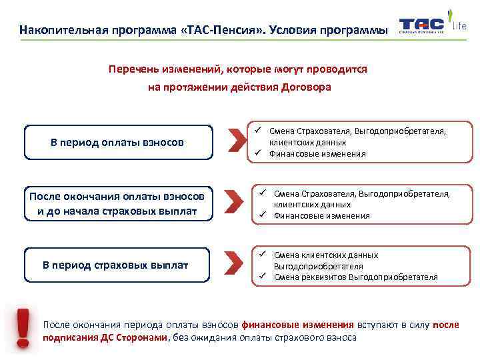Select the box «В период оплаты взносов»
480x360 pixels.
118,142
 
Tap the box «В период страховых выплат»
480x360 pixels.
116,265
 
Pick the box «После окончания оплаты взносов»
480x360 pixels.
118,203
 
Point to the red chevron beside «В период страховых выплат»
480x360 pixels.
230,263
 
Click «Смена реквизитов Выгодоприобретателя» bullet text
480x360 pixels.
355,277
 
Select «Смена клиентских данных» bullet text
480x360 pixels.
326,255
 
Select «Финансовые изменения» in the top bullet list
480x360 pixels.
317,154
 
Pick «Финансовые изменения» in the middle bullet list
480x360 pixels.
321,216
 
